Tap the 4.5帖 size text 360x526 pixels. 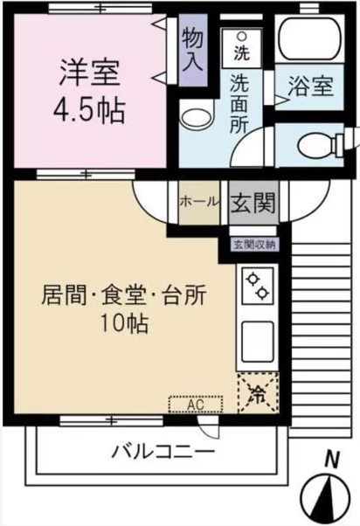91,111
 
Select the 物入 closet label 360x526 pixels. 193,50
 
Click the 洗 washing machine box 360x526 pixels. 239,51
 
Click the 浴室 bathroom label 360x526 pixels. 311,87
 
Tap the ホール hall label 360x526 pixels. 199,201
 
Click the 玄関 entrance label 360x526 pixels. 253,203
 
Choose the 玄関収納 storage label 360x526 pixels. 253,245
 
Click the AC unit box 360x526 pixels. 196,405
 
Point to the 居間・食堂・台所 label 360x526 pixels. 123,295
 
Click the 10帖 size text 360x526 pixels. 123,324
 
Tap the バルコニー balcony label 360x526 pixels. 163,452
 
